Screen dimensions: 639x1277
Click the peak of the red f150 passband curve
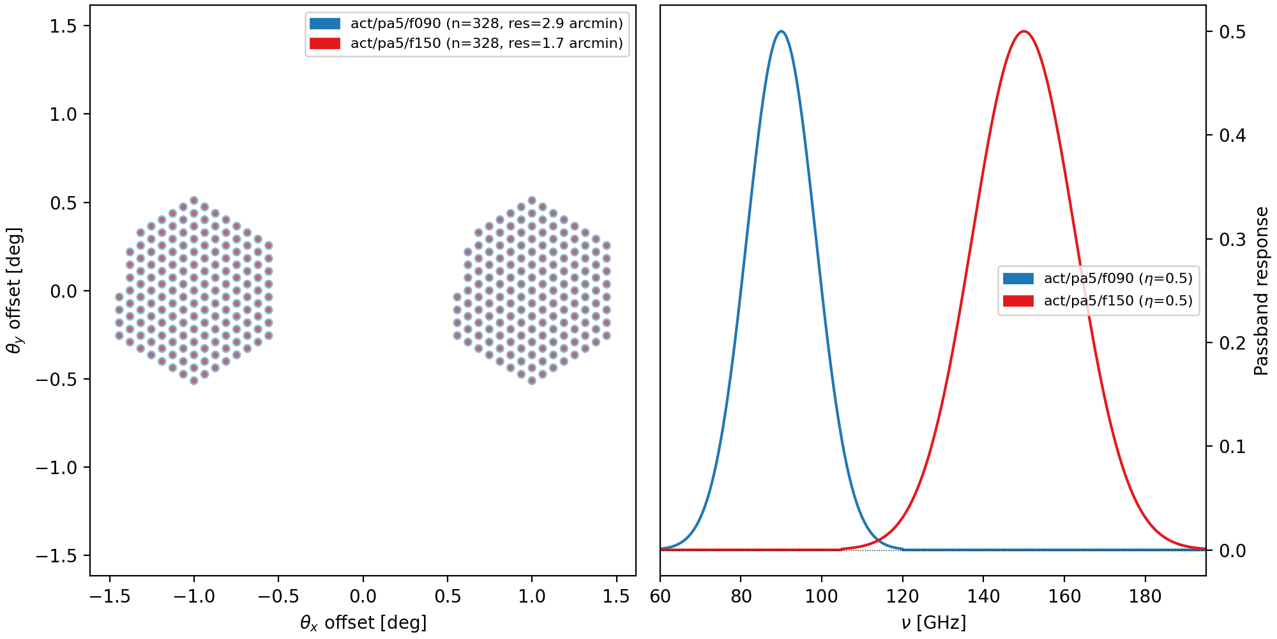click(1024, 31)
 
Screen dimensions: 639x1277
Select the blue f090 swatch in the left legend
click(324, 24)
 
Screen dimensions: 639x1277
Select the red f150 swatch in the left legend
click(324, 43)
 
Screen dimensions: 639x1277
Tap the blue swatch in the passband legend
click(1018, 279)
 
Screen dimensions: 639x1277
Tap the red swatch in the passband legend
click(1018, 301)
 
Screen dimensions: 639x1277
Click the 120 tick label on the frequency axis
click(902, 597)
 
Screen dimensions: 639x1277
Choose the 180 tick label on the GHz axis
click(1145, 597)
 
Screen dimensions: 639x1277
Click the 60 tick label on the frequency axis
click(660, 597)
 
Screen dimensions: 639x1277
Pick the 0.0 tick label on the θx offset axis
click(363, 597)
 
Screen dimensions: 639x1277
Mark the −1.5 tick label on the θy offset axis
click(56, 556)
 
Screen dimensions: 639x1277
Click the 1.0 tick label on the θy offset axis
click(63, 114)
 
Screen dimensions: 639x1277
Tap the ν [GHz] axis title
click(933, 622)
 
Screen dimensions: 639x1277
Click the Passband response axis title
click(1261, 291)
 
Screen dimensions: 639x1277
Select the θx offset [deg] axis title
click(363, 622)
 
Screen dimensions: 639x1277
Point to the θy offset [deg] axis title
click(14, 291)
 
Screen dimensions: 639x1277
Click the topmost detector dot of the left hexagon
click(194, 201)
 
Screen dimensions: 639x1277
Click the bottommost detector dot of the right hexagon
click(532, 381)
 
